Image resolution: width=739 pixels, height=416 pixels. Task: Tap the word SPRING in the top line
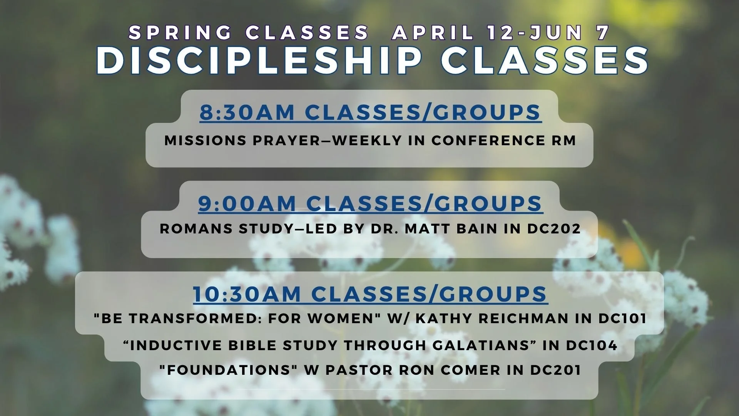[x=179, y=32]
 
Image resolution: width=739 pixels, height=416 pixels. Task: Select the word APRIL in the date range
[x=433, y=32]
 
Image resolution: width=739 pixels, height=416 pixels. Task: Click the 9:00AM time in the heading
[x=247, y=203]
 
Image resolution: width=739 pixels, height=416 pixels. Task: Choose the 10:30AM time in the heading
[x=247, y=294]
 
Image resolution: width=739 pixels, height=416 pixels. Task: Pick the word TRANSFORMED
[x=184, y=319]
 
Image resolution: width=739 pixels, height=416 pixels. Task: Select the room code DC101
[x=622, y=319]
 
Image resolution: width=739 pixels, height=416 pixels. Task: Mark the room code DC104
[x=592, y=346]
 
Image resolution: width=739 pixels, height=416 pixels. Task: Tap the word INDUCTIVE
[x=176, y=346]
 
